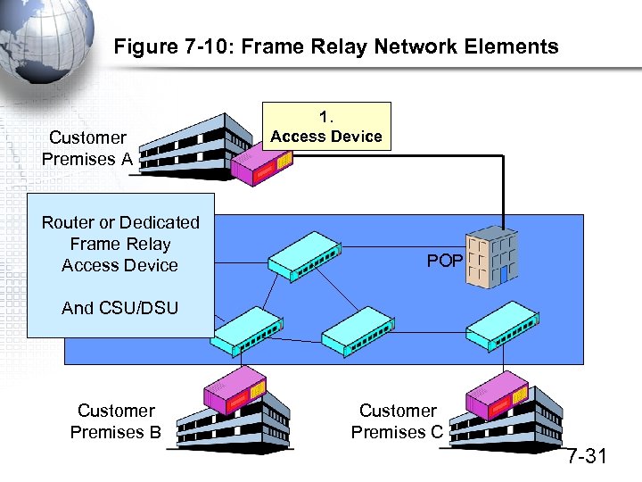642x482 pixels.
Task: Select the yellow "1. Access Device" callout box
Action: [x=325, y=127]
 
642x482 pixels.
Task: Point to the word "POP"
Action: [x=444, y=261]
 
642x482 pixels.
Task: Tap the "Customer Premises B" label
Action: [x=115, y=421]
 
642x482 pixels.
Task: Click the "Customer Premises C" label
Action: [x=397, y=421]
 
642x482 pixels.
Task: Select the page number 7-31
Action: [x=587, y=457]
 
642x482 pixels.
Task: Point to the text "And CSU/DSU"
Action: [x=119, y=308]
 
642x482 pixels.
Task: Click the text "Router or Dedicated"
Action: [x=120, y=222]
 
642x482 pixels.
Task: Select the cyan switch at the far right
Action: [x=501, y=331]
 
